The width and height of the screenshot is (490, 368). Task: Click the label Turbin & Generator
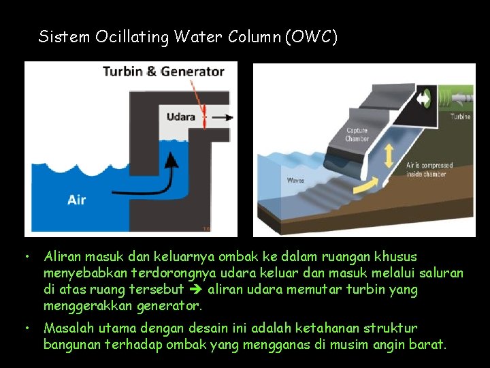pos(163,71)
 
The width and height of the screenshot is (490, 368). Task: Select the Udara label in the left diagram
pos(181,117)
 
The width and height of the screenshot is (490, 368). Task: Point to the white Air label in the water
pos(76,200)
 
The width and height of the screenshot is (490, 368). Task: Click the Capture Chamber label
pos(357,135)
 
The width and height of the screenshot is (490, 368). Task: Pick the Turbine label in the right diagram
pos(460,117)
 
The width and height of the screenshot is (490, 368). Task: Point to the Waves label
pos(295,181)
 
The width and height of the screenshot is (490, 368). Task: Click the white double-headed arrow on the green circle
pos(424,99)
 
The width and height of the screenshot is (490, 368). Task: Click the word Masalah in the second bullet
pos(67,328)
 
